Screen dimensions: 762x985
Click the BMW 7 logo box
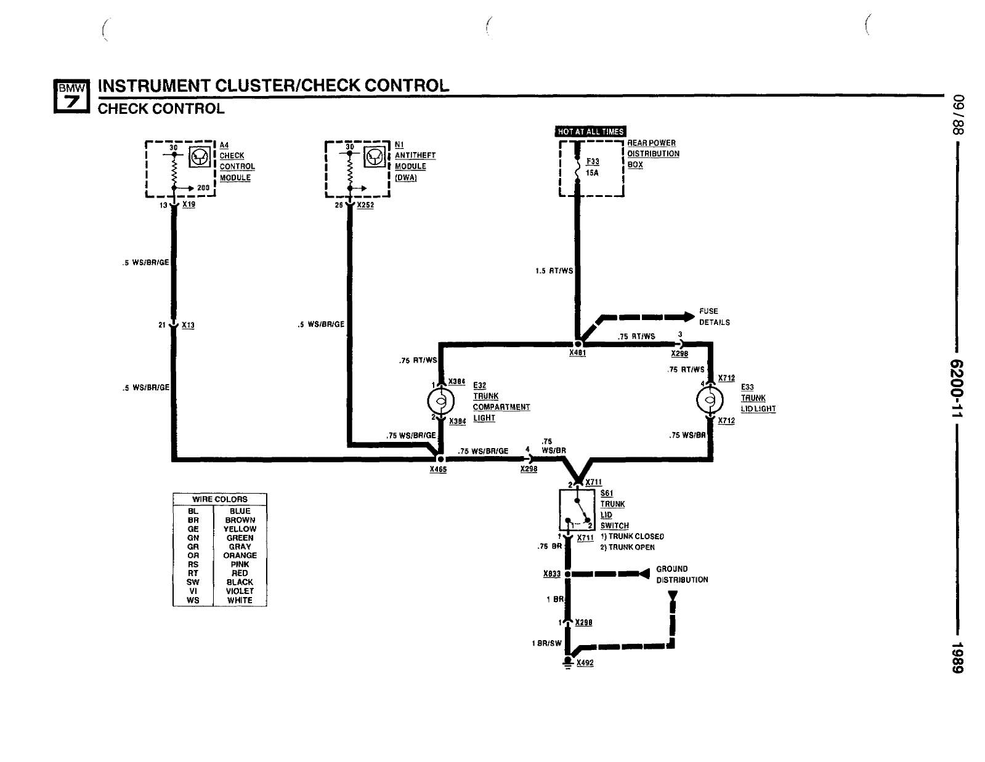coord(72,96)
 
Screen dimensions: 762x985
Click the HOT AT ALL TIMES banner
coord(590,131)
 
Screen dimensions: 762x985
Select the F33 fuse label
coord(593,162)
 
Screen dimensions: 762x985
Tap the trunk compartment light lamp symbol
coord(440,402)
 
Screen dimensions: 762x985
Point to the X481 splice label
coord(577,353)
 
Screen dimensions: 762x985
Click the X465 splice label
coord(438,470)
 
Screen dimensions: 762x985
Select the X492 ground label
coord(585,663)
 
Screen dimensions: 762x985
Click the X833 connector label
coord(552,574)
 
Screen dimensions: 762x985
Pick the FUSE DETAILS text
coord(714,316)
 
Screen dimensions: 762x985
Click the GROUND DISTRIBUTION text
coord(681,574)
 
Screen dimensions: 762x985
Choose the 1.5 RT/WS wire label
coord(554,271)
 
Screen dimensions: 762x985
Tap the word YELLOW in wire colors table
coord(240,529)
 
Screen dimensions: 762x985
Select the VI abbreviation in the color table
coord(193,591)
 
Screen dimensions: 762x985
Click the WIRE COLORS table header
coord(220,499)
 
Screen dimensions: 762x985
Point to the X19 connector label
coord(188,204)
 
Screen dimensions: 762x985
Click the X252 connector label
coord(365,205)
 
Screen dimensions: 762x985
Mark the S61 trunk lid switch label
coord(607,494)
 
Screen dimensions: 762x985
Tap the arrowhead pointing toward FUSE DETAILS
coord(687,317)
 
